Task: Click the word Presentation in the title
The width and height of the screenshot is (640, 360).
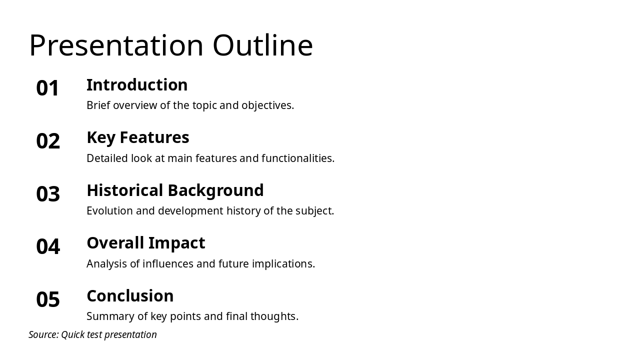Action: coord(116,45)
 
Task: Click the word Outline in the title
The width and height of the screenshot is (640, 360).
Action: coord(262,45)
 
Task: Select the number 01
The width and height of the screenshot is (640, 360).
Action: coord(48,88)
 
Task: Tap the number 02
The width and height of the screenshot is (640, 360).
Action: coord(48,141)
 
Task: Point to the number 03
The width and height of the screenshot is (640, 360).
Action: coord(48,194)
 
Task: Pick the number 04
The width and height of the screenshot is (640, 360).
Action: coord(48,246)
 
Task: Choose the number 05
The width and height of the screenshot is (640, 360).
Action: coord(48,299)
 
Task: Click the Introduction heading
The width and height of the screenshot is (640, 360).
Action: coord(137,85)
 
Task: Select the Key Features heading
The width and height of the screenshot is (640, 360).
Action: coord(137,137)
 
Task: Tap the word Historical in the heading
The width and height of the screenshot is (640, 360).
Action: coord(125,190)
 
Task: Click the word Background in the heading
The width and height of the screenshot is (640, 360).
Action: coord(215,190)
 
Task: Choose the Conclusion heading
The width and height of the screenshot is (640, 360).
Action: coord(130,296)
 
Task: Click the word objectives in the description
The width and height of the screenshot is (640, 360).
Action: coord(267,105)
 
